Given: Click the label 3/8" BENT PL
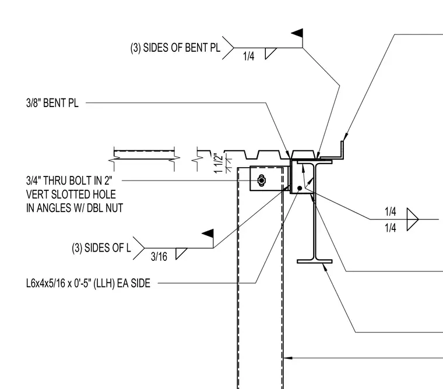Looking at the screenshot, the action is [x=52, y=103].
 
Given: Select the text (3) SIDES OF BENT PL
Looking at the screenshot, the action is [x=175, y=48].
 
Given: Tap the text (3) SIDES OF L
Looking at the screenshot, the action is [x=101, y=248].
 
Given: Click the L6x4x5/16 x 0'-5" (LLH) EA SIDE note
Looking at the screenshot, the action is [x=88, y=283].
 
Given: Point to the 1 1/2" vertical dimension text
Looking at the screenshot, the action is [x=219, y=164].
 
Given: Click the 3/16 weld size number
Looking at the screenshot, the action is [x=159, y=257].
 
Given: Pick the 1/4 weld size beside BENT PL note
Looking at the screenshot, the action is [x=249, y=56].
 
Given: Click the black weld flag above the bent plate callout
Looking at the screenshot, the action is [x=297, y=33].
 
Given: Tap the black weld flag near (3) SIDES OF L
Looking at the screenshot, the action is [x=208, y=233].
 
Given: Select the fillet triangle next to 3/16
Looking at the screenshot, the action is [x=181, y=253].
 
